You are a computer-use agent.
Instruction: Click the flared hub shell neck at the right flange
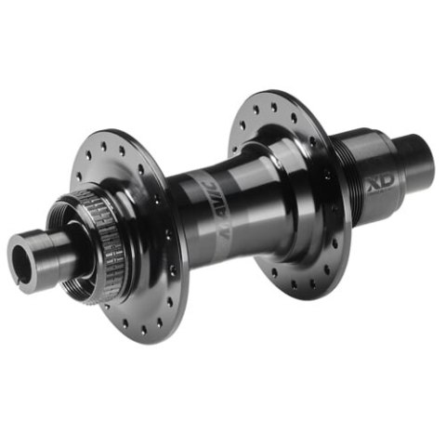click(269, 186)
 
